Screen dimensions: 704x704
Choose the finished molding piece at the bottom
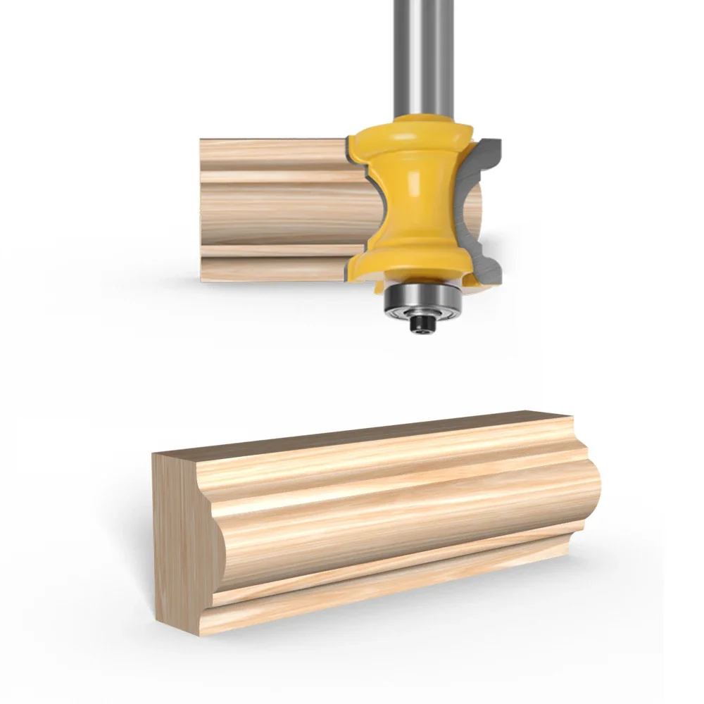coord(373,521)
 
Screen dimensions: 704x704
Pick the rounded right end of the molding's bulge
coord(595,486)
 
